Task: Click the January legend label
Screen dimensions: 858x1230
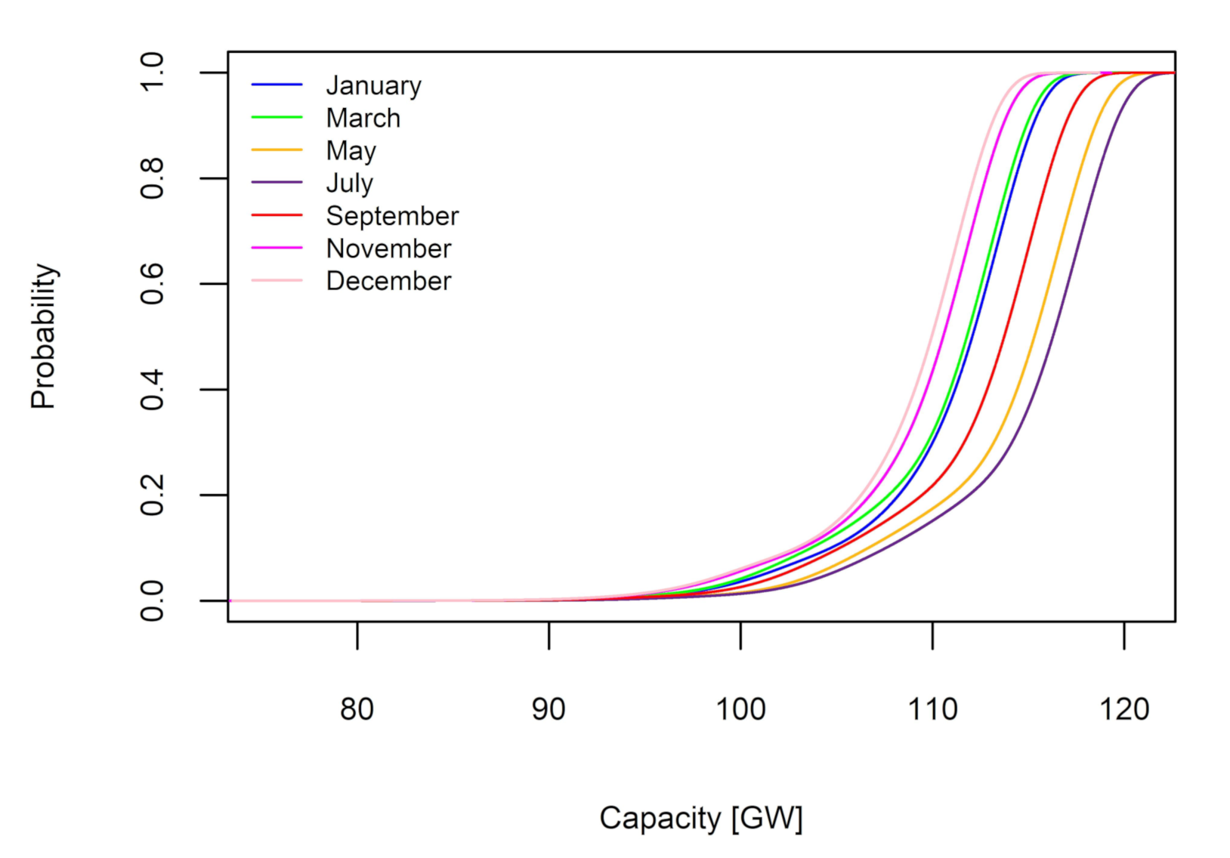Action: click(373, 86)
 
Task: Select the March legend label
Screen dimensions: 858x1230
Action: click(363, 119)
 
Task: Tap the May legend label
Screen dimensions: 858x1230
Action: click(351, 151)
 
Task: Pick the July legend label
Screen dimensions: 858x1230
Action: click(349, 184)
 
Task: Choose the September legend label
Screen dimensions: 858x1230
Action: click(392, 216)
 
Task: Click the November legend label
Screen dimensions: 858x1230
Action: click(388, 248)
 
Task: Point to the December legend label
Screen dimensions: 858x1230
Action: click(388, 281)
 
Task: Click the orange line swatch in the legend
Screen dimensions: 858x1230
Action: click(277, 150)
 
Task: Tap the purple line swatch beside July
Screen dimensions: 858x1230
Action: click(277, 183)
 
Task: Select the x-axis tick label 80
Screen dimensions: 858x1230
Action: click(357, 709)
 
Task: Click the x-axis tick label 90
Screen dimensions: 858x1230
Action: click(549, 709)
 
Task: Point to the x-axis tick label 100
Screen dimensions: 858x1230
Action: click(740, 709)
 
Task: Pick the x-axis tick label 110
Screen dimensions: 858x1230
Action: click(932, 709)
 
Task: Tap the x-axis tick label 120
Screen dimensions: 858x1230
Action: click(1124, 709)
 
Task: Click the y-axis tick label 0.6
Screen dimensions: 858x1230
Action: click(153, 284)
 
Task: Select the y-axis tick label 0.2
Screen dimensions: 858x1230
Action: click(153, 495)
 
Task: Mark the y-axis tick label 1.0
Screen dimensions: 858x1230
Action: click(153, 73)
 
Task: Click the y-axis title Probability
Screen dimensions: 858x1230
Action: click(44, 336)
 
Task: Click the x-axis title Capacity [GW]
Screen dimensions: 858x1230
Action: click(700, 818)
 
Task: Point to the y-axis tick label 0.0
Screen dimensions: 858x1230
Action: click(153, 601)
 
